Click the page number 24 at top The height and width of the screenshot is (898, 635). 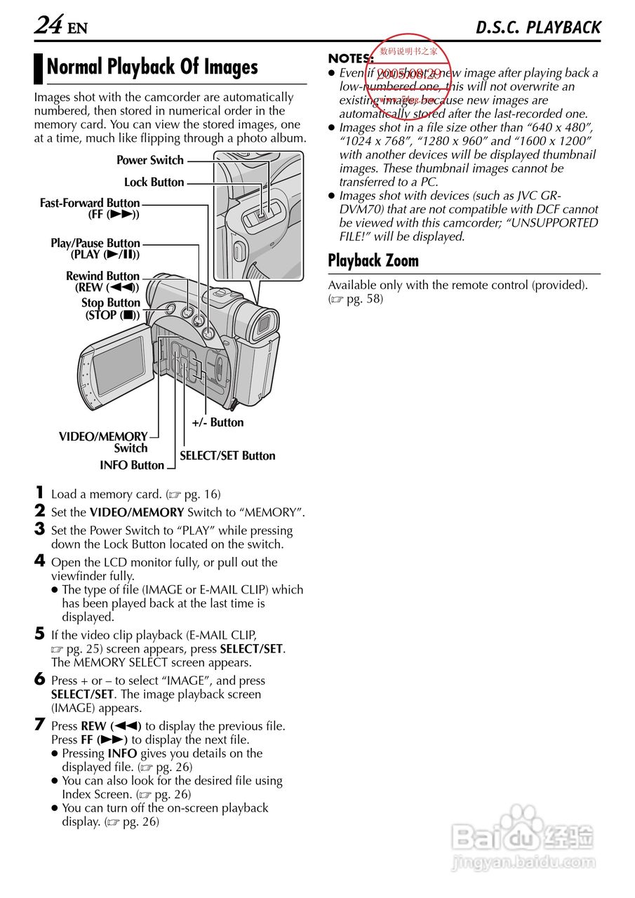pyautogui.click(x=48, y=25)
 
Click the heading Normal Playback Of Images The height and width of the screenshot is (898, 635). pyautogui.click(x=152, y=67)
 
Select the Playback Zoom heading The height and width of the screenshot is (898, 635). pyautogui.click(x=373, y=261)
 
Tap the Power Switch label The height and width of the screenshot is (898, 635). pyautogui.click(x=150, y=161)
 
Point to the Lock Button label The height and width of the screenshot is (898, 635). pyautogui.click(x=154, y=182)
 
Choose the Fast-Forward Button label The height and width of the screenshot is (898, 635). pyautogui.click(x=90, y=208)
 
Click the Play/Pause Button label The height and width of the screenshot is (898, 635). pyautogui.click(x=95, y=248)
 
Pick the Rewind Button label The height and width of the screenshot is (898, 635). pyautogui.click(x=103, y=281)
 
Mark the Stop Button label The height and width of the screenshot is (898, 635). pyautogui.click(x=111, y=309)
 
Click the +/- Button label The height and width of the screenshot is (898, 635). pyautogui.click(x=218, y=422)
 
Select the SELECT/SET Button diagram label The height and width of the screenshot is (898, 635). pyautogui.click(x=227, y=456)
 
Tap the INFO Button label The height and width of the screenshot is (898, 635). pyautogui.click(x=132, y=465)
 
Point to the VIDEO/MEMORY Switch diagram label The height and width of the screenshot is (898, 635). pyautogui.click(x=104, y=442)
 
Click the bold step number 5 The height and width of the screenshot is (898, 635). pyautogui.click(x=40, y=634)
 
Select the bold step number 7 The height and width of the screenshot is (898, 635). pyautogui.click(x=40, y=725)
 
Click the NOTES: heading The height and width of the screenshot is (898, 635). pyautogui.click(x=350, y=59)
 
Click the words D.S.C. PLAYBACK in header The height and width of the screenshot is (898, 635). pyautogui.click(x=538, y=27)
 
